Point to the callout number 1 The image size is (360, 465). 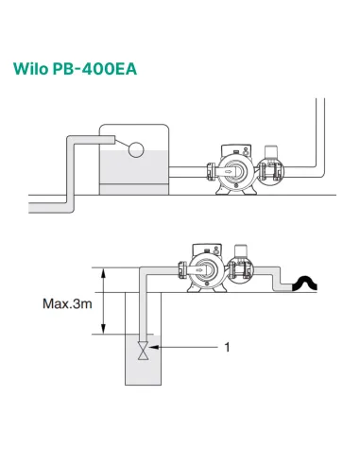pyautogui.click(x=227, y=348)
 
